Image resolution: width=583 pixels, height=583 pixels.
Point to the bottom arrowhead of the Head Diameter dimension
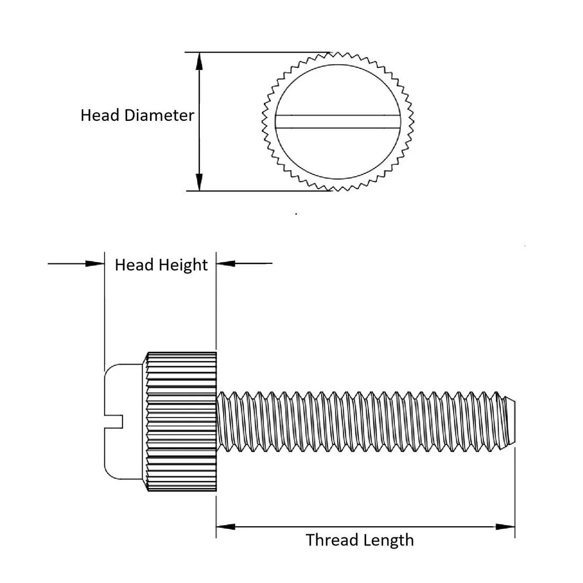click(x=199, y=182)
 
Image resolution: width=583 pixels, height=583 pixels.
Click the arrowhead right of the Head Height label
click(x=226, y=263)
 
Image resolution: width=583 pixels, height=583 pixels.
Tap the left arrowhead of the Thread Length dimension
click(x=226, y=527)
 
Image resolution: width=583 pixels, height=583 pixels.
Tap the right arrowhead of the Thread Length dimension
click(x=505, y=527)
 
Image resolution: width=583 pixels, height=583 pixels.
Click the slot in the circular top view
click(x=337, y=121)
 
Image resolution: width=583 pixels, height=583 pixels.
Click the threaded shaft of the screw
click(x=360, y=421)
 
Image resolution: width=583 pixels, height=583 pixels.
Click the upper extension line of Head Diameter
click(x=254, y=52)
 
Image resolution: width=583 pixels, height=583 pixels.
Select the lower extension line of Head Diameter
click(x=254, y=190)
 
